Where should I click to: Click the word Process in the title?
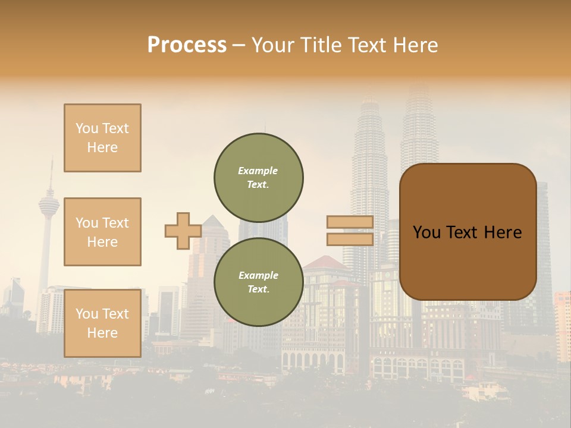pyautogui.click(x=187, y=45)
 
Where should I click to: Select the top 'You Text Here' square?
pyautogui.click(x=102, y=138)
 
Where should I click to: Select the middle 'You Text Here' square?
pyautogui.click(x=102, y=232)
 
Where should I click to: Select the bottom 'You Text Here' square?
pyautogui.click(x=102, y=323)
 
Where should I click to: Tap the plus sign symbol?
pyautogui.click(x=183, y=231)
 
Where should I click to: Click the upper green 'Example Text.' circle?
pyautogui.click(x=258, y=178)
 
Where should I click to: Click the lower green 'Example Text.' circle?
pyautogui.click(x=258, y=282)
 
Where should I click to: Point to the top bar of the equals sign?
pyautogui.click(x=350, y=222)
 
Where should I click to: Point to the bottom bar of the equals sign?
pyautogui.click(x=350, y=239)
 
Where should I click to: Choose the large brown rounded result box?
pyautogui.click(x=468, y=232)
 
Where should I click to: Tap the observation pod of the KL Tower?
pyautogui.click(x=49, y=206)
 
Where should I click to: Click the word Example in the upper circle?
pyautogui.click(x=258, y=171)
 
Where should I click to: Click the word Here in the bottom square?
pyautogui.click(x=102, y=333)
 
